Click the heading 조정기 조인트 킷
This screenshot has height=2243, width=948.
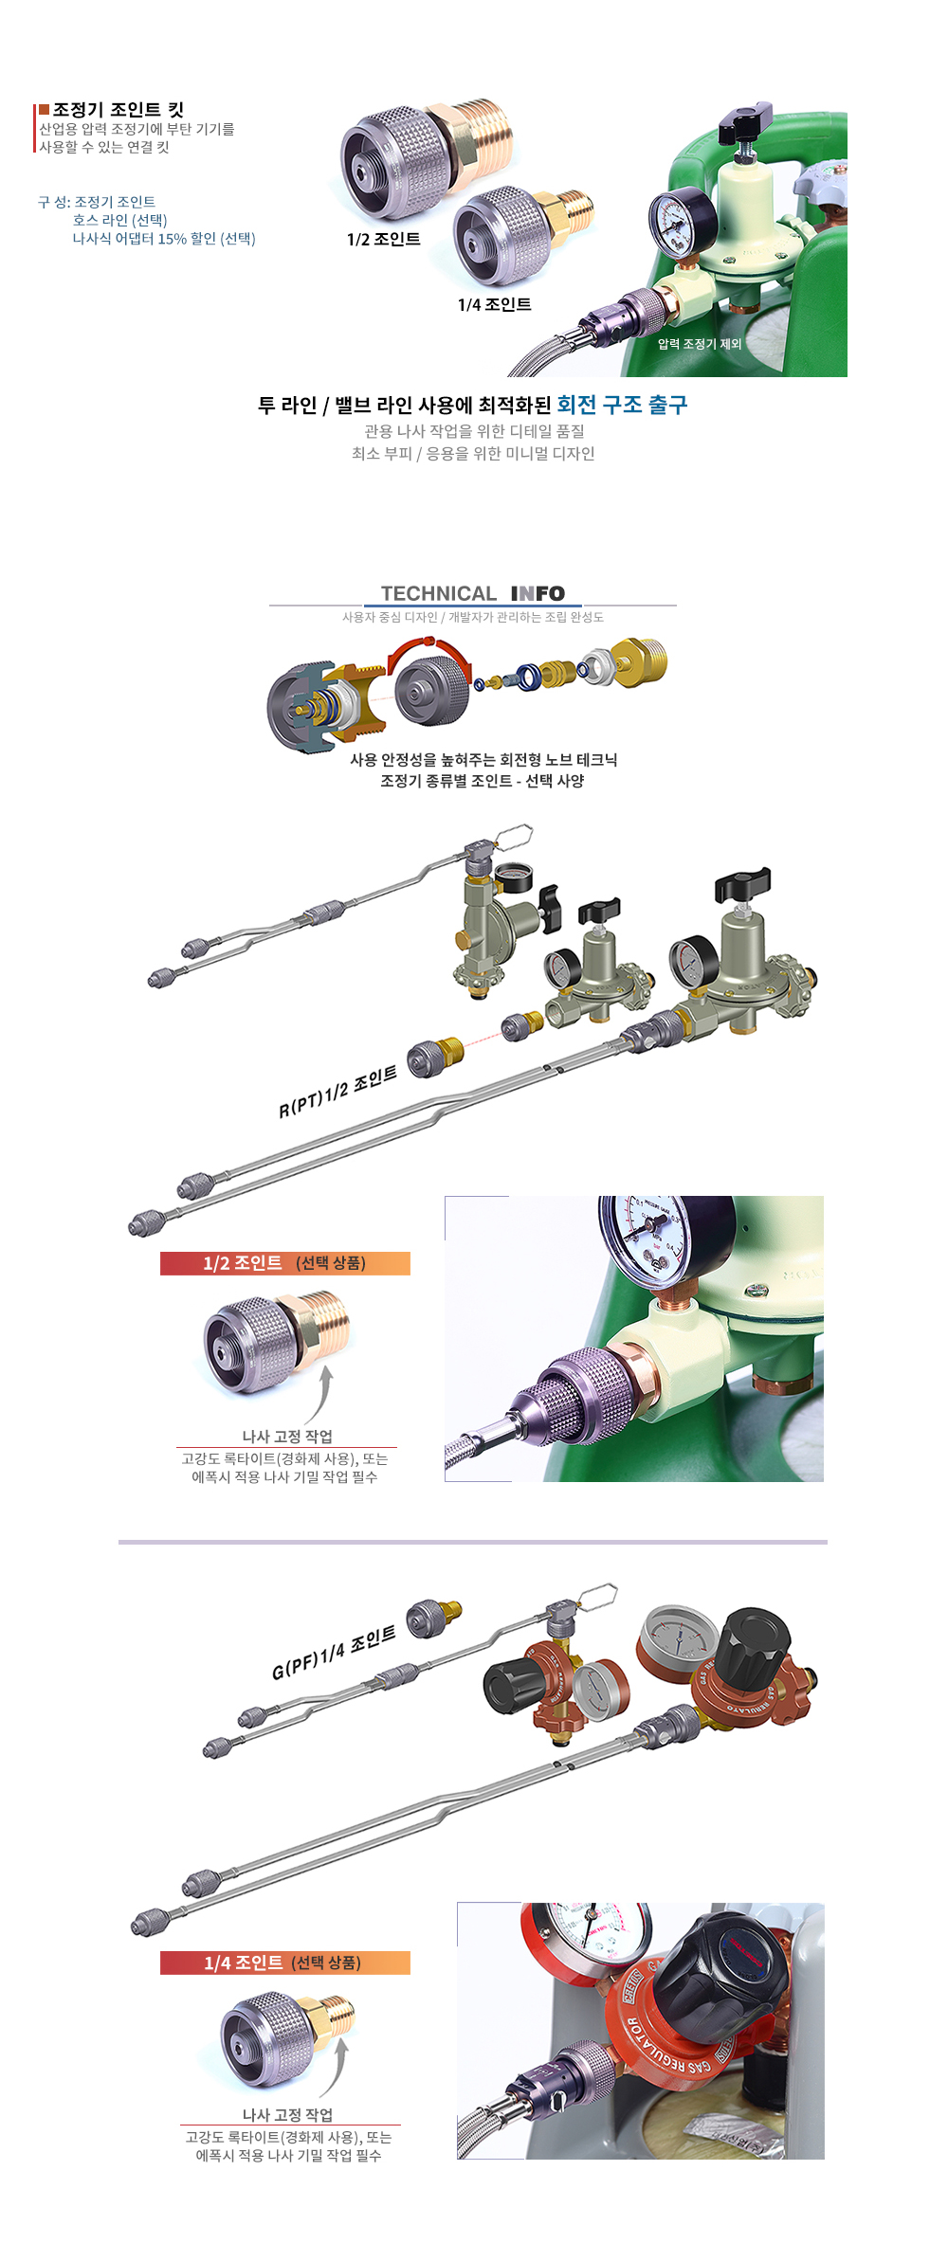pos(118,110)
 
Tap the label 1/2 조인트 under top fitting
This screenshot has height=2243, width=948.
pos(384,240)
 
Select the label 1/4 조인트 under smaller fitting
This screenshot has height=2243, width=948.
pos(495,304)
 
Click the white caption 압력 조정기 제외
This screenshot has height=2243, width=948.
pos(700,344)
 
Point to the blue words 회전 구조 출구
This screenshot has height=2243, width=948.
pos(622,405)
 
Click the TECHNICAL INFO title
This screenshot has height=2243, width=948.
pos(473,593)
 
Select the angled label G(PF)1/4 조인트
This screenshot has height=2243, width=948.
pos(334,1655)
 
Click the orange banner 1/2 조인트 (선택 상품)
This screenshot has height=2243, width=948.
pos(284,1263)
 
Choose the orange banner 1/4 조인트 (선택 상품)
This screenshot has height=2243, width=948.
pos(284,1963)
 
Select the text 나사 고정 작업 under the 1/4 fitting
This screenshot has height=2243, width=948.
pos(287,2114)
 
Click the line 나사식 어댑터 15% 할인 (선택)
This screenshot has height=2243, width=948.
pos(164,239)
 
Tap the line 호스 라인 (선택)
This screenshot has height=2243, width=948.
pos(119,220)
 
